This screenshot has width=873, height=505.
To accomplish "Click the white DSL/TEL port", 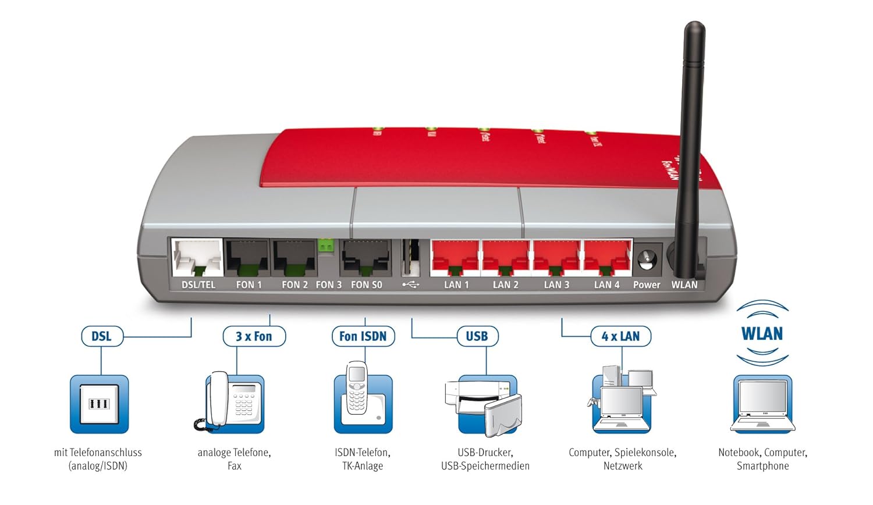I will pos(197,257).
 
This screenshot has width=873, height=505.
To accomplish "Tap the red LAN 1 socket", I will pos(455,257).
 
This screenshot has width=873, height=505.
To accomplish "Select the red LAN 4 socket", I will pos(607,257).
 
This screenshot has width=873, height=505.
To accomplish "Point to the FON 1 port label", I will pos(249,284).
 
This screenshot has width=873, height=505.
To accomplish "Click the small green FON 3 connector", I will pos(326,246).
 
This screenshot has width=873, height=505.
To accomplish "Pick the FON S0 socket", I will pos(365,257).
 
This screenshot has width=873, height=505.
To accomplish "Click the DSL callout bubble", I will pos(102,336).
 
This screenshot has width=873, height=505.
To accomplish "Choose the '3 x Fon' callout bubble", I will pos(254,336).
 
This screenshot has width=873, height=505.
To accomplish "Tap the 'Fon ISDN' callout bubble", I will pos(363,336).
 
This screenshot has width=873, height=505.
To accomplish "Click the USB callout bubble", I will pos(477,336).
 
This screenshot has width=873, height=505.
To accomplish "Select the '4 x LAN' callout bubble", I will pos(620,336).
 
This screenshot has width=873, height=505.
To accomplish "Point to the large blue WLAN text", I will pos(762,334).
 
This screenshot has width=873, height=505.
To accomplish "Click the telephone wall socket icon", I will pos(99,404).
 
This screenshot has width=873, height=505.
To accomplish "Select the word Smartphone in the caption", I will pos(762,466).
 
